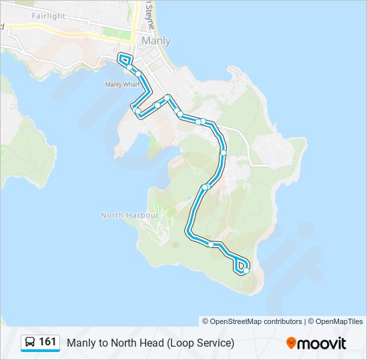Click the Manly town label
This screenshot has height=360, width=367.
pyautogui.click(x=156, y=41)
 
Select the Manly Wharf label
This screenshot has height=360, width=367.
pyautogui.click(x=121, y=85)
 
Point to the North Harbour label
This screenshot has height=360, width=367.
pyautogui.click(x=130, y=215)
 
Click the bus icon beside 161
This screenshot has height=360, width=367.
pyautogui.click(x=30, y=343)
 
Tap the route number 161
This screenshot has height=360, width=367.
pyautogui.click(x=47, y=342)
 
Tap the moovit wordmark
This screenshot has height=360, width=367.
pyautogui.click(x=322, y=343)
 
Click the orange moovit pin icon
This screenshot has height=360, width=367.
pyautogui.click(x=291, y=343)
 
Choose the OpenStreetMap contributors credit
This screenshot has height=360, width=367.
pyautogui.click(x=256, y=321)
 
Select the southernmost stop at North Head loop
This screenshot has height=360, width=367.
pyautogui.click(x=246, y=271)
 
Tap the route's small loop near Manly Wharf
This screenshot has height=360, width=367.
pyautogui.click(x=125, y=59)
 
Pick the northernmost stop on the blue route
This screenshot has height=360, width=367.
pyautogui.click(x=129, y=67)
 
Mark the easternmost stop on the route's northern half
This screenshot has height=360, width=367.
pyautogui.click(x=224, y=153)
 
